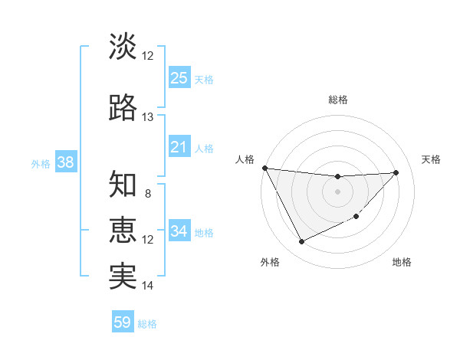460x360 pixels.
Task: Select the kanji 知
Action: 123,185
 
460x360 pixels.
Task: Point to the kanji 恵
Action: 123,231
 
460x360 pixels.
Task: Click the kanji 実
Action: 123,277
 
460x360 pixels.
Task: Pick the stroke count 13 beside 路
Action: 148,117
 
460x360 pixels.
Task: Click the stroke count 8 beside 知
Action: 148,194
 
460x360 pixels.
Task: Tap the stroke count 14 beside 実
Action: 148,286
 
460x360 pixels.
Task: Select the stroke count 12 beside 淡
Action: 148,56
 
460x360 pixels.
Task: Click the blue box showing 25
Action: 179,77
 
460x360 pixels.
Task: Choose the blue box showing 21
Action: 179,147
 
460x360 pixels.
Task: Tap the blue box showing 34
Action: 179,231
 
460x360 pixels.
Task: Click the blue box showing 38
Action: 64,162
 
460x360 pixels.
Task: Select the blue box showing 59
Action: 123,322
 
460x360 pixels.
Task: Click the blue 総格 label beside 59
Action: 148,324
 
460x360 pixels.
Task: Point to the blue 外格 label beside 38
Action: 41,164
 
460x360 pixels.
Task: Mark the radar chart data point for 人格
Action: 264,168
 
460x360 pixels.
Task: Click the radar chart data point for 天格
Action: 396,172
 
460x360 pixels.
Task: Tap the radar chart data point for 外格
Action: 301,242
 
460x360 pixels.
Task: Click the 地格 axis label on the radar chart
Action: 402,262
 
